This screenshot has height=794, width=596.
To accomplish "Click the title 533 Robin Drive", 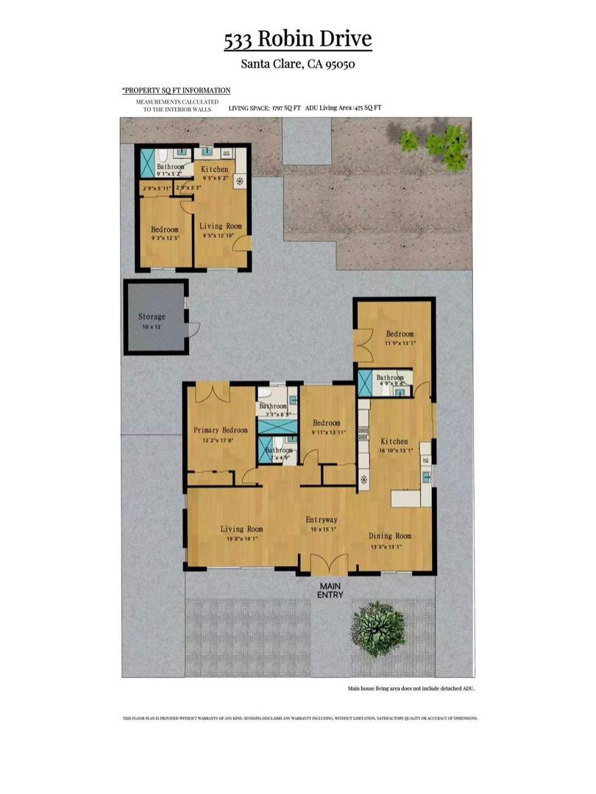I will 298,40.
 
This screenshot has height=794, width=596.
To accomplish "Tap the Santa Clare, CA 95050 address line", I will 298,64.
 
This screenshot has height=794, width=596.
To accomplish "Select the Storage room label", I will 152,317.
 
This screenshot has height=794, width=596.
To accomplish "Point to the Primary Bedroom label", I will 220,430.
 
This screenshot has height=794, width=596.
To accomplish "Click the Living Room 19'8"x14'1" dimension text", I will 242,538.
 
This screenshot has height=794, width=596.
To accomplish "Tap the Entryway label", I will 322,520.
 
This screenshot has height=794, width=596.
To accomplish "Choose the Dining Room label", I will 389,536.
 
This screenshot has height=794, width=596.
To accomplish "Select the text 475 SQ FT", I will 367,108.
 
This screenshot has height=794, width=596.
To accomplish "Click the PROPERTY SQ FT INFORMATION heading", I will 176,90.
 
